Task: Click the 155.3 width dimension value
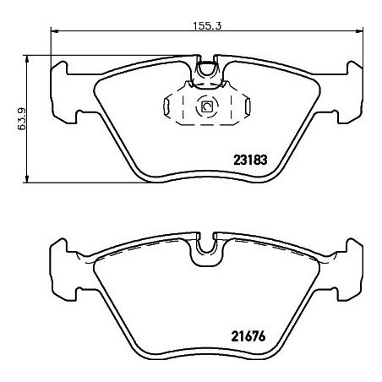click(x=207, y=26)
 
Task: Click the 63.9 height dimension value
click(x=21, y=119)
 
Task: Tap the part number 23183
click(x=250, y=160)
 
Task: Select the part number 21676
click(x=248, y=336)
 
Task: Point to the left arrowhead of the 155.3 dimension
click(x=54, y=30)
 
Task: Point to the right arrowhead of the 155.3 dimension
click(x=359, y=30)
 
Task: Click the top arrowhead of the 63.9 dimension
click(x=27, y=58)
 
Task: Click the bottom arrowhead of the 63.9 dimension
click(x=27, y=179)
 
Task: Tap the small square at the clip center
click(x=207, y=106)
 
